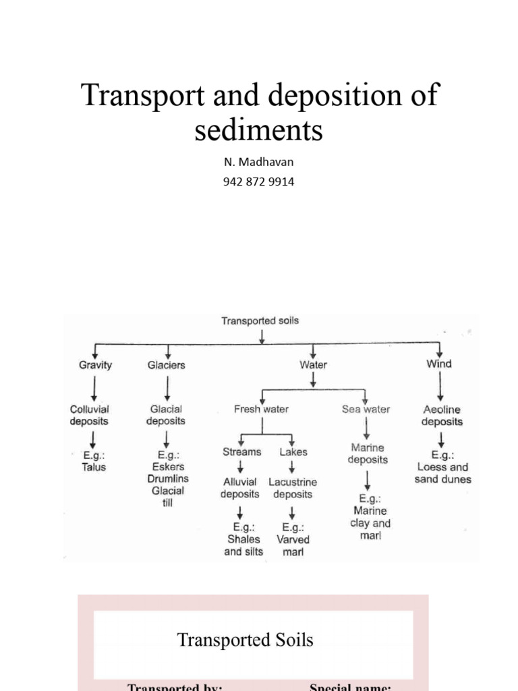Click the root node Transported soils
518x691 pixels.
click(260, 321)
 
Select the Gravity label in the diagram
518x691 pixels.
click(95, 365)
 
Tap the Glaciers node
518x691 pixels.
click(166, 365)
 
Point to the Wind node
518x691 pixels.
click(439, 364)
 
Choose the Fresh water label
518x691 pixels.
click(261, 409)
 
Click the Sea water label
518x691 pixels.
click(366, 409)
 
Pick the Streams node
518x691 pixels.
click(241, 452)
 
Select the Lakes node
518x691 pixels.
click(293, 452)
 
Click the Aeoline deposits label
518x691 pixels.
click(442, 416)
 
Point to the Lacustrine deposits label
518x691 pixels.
click(293, 488)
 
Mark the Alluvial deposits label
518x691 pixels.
click(239, 488)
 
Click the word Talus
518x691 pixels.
click(94, 467)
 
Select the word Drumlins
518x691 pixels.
click(168, 478)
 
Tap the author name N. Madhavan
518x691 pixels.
click(258, 162)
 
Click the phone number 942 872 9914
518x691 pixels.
click(258, 182)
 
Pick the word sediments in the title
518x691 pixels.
click(258, 130)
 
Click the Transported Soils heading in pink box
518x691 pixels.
click(245, 640)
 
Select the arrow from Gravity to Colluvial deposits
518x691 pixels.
click(94, 387)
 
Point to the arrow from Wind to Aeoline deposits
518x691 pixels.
click(440, 387)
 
